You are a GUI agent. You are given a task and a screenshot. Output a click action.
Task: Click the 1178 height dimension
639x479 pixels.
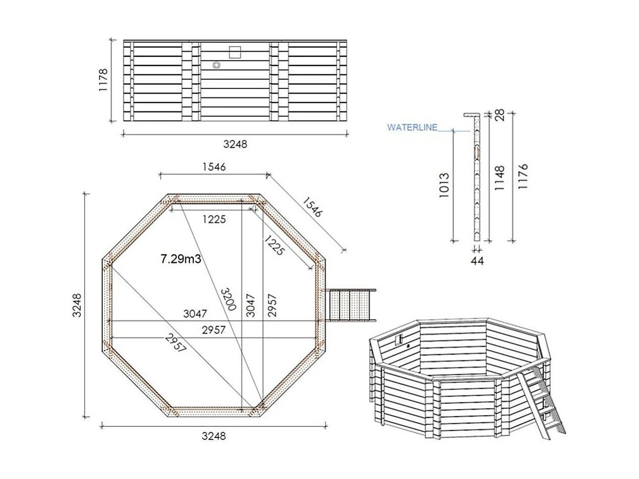coord(104,80)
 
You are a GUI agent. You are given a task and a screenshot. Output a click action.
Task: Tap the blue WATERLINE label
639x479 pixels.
coord(412,127)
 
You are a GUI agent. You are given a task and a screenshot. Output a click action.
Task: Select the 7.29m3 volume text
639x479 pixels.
coord(180,259)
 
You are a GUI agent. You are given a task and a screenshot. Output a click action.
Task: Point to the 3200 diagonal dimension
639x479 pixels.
coord(229,299)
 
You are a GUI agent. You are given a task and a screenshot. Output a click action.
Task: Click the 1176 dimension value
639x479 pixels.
coord(522,177)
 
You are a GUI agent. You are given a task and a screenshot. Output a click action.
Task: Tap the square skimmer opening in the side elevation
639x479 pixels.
coord(235,52)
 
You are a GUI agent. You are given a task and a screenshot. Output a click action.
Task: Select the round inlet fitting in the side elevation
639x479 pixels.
coord(216,65)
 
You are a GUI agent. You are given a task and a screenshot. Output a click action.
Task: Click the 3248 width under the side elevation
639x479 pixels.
coord(235,144)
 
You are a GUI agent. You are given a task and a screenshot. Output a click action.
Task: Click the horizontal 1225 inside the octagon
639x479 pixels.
coord(213,219)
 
